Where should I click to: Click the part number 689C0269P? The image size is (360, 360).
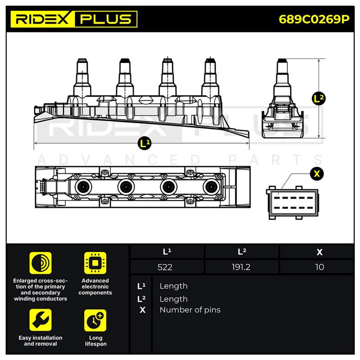click(x=314, y=19)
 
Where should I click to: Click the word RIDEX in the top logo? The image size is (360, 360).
click(x=42, y=19)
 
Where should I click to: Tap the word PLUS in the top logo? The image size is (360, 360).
click(x=106, y=19)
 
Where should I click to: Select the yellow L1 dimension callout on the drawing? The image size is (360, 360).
click(x=144, y=144)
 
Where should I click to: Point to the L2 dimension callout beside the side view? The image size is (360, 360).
click(x=319, y=99)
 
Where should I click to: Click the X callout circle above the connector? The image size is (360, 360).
click(x=317, y=174)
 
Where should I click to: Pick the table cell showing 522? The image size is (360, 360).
click(x=165, y=267)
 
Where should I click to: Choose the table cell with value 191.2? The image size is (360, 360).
click(x=241, y=267)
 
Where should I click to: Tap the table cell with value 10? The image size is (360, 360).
click(x=319, y=267)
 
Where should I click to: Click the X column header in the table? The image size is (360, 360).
click(x=319, y=252)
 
